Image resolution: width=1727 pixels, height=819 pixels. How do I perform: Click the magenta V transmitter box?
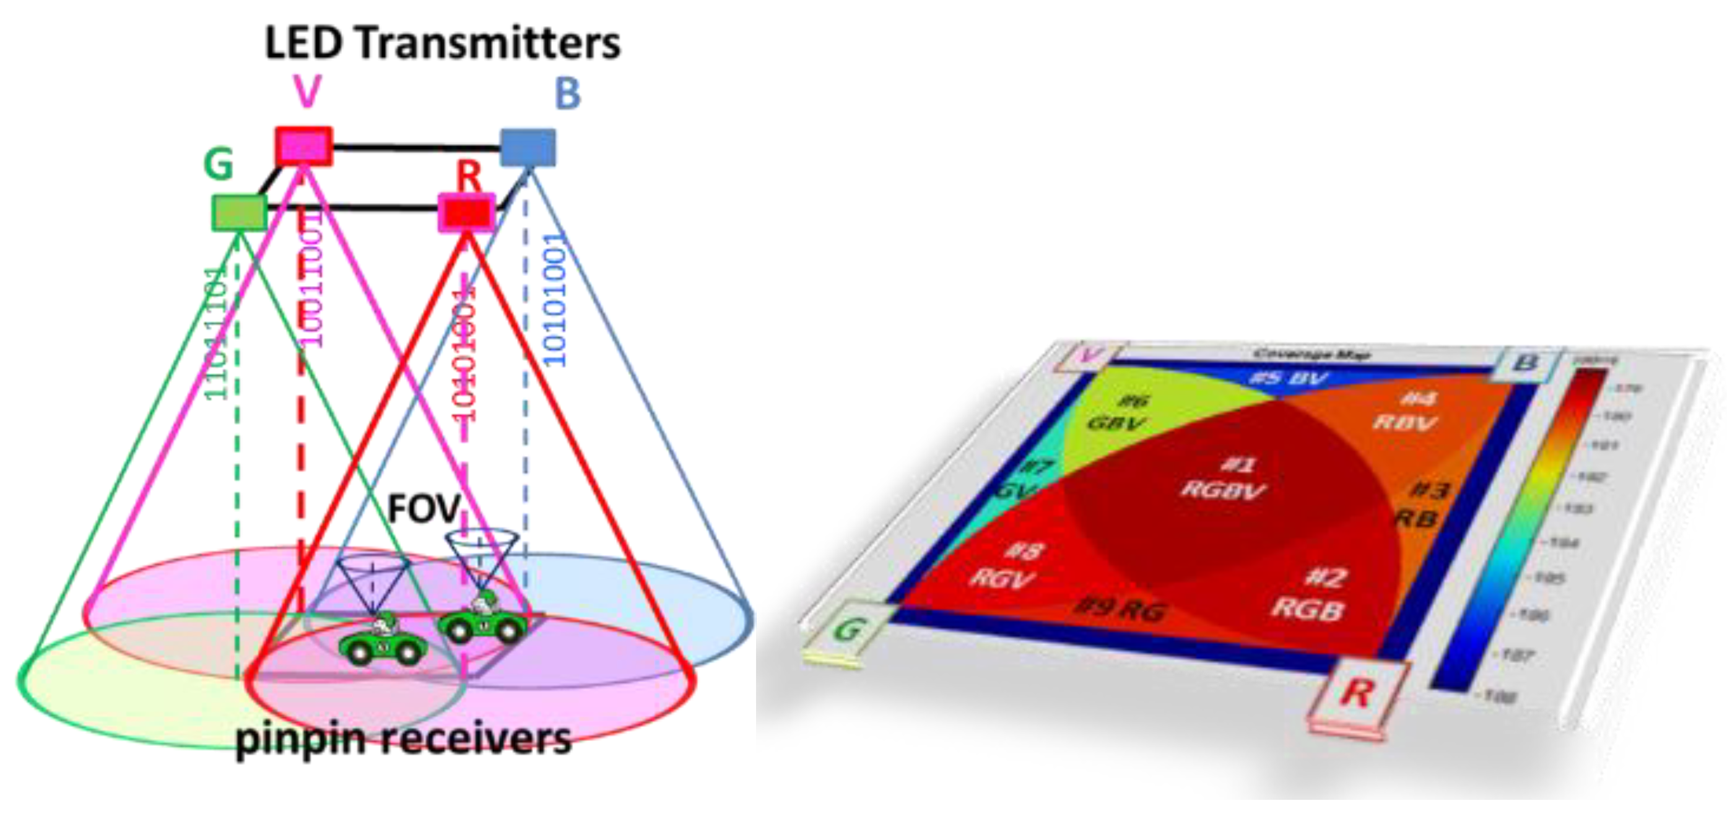tap(303, 145)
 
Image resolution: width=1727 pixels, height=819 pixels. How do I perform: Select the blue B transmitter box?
tap(528, 147)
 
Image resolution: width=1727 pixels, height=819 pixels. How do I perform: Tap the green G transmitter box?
tap(238, 212)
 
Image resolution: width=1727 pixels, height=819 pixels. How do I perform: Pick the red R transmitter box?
tap(467, 213)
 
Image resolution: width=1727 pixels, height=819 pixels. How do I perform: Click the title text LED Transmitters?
tap(443, 43)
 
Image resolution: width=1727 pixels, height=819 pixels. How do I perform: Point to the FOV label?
tap(424, 509)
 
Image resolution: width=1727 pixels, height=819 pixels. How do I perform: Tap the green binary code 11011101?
tap(216, 333)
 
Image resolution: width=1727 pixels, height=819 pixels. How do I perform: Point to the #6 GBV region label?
tap(1118, 413)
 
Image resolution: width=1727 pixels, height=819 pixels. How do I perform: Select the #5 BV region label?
tap(1288, 379)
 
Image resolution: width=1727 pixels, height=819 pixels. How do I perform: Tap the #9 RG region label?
tap(1119, 609)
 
